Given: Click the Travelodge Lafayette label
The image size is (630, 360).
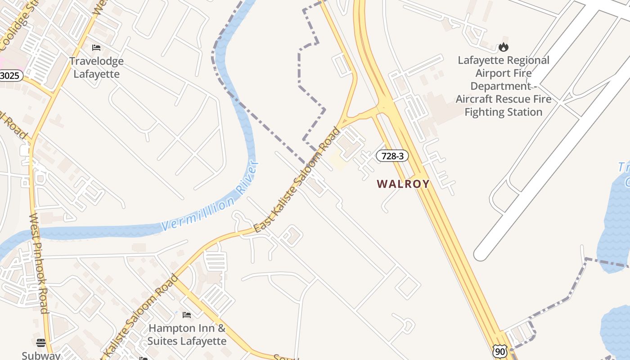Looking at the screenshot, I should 96,67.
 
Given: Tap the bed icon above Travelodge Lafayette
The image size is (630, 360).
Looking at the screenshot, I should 96,47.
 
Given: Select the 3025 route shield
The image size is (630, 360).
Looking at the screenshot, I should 10,75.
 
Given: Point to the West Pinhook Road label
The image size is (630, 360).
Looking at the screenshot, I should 38,263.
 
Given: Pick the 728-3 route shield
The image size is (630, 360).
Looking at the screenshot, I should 392,156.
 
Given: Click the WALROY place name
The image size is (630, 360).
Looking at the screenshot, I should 403,184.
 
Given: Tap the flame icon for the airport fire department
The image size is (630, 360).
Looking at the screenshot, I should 503,47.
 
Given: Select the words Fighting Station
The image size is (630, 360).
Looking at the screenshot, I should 503,112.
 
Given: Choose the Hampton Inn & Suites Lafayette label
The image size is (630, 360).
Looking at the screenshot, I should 187,334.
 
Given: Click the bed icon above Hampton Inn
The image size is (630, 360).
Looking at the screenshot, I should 187,315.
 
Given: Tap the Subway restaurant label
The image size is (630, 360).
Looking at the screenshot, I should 41,355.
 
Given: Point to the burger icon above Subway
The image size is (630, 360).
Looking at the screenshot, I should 41,343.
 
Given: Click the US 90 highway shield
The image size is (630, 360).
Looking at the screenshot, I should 499,351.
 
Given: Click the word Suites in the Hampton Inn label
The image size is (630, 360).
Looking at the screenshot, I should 164,341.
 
